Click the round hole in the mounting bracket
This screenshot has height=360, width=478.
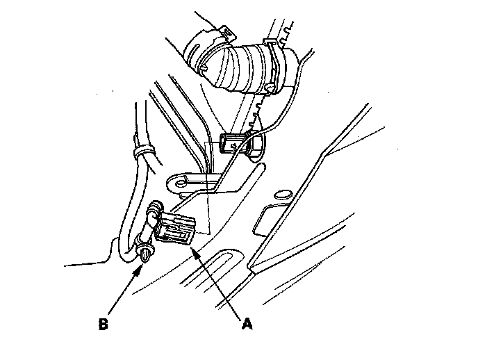180,183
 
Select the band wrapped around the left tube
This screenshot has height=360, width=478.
142,149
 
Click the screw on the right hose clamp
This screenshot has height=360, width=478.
267,88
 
